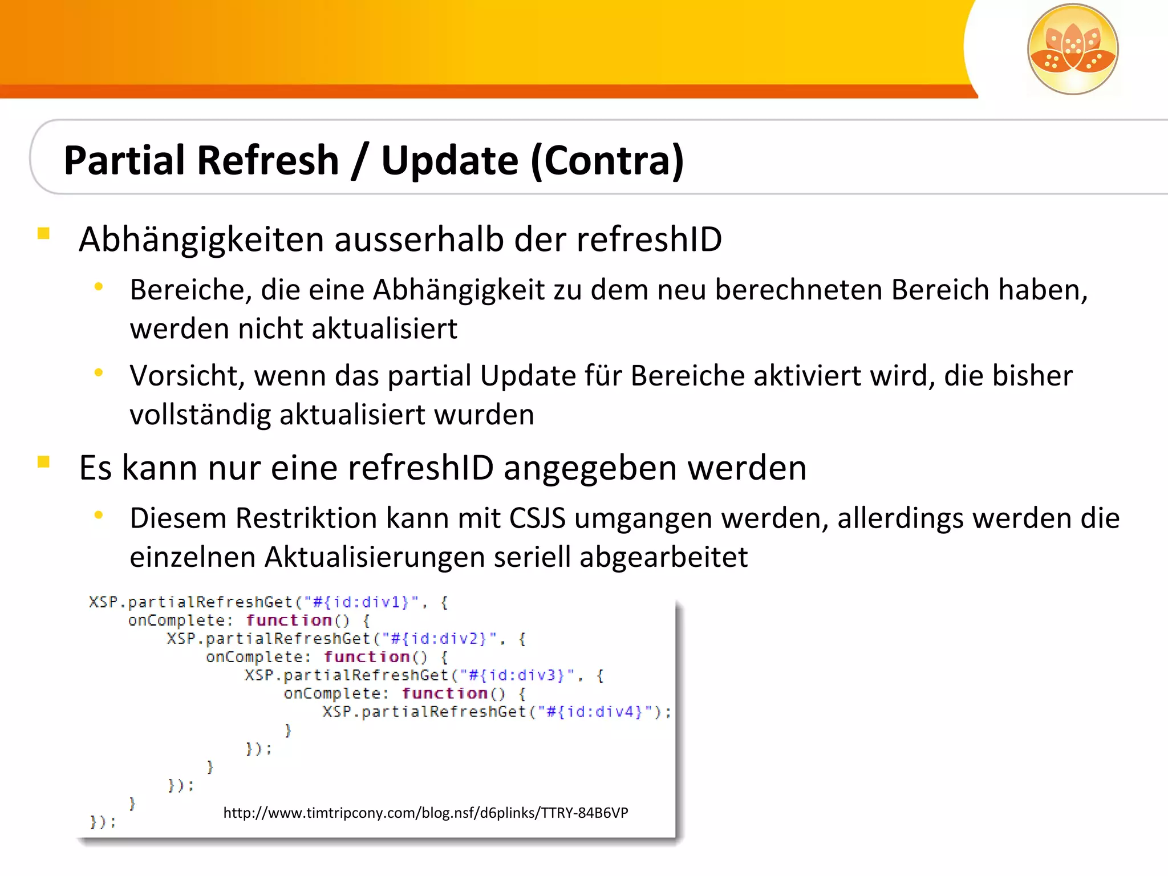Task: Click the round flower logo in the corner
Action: [1072, 49]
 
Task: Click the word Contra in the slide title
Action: [607, 160]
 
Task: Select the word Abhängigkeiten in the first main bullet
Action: [201, 240]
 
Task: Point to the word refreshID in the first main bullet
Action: [649, 239]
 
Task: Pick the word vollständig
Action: [200, 415]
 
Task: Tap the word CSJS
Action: [537, 519]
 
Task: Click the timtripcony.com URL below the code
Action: [425, 813]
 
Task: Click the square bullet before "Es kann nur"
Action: [43, 461]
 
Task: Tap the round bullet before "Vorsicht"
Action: [99, 373]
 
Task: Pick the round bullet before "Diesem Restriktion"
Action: [99, 516]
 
